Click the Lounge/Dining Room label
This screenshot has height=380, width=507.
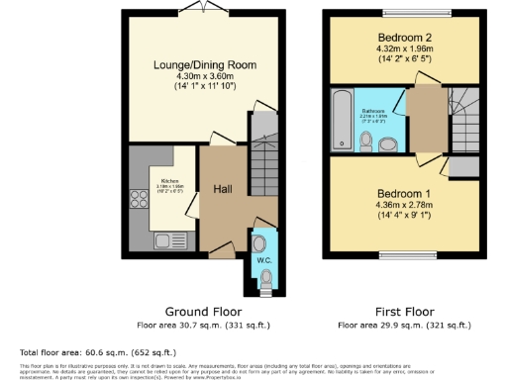(205, 65)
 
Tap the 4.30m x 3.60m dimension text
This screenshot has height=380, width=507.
(205, 77)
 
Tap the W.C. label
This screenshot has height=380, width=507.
(264, 260)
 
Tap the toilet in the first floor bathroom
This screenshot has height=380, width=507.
(366, 144)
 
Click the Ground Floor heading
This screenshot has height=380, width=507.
(204, 310)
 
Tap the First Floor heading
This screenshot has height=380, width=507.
(404, 310)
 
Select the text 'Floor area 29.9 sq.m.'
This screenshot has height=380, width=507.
(382, 324)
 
